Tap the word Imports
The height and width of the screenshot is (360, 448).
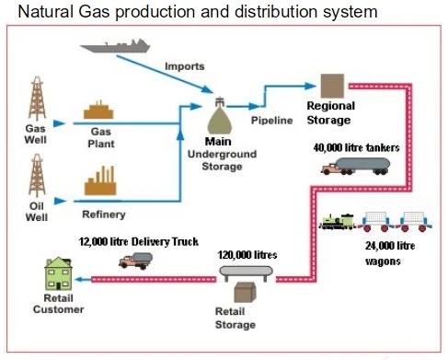pyautogui.click(x=185, y=65)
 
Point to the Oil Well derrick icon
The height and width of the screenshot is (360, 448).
pyautogui.click(x=38, y=175)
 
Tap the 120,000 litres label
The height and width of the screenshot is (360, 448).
pyautogui.click(x=247, y=253)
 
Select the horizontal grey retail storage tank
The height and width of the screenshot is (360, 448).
pyautogui.click(x=247, y=273)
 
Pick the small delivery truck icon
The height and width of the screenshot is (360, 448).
pyautogui.click(x=134, y=261)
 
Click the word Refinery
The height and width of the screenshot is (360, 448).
pyautogui.click(x=104, y=215)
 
